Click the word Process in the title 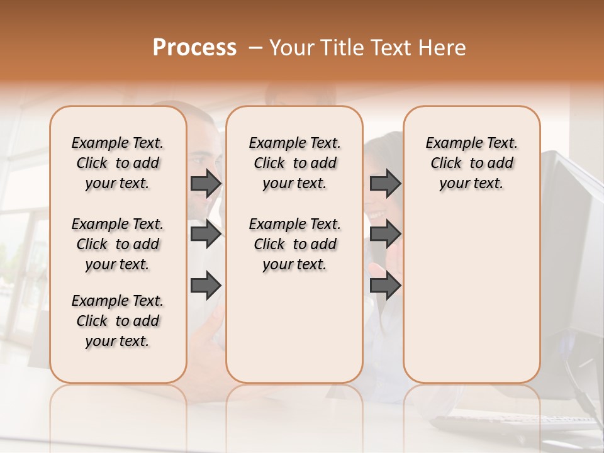coord(194,48)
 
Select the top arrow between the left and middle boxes coord(206,183)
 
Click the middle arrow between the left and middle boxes coord(206,234)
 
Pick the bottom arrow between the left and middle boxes coord(206,285)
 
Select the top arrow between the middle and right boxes coord(385,183)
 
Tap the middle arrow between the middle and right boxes coord(385,234)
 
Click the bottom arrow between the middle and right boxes coord(385,285)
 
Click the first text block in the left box coord(118,163)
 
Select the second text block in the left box coord(118,244)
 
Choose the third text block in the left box coord(118,321)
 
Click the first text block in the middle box coord(294,163)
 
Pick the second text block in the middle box coord(294,244)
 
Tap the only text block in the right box coord(471,163)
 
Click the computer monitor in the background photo coord(573,252)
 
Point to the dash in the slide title coord(255,49)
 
